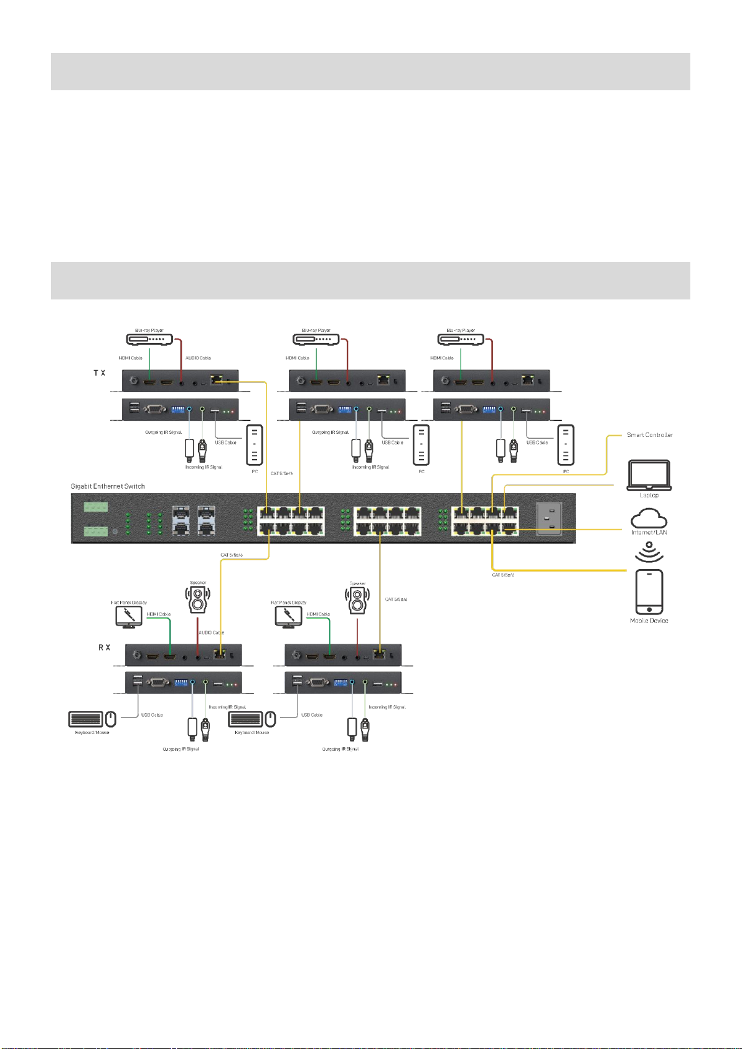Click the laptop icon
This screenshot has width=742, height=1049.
649,476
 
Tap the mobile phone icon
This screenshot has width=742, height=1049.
649,591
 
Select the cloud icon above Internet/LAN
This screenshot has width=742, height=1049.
649,518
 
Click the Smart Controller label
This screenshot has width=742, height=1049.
649,435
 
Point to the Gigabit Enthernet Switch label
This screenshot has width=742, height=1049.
108,486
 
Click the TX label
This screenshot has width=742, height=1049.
100,373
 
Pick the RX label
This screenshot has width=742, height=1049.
104,647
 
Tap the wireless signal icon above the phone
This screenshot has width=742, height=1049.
649,552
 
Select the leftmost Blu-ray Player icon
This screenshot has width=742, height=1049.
149,339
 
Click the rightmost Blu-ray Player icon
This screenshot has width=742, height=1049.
461,339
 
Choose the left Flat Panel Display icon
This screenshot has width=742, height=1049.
128,616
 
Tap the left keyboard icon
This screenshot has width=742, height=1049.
85,719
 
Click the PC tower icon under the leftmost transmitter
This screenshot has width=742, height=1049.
255,445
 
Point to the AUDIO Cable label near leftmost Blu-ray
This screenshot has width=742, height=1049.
198,358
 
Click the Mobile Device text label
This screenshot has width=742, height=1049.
649,621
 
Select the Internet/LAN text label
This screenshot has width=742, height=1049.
649,532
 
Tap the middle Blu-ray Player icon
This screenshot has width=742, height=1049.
316,339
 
